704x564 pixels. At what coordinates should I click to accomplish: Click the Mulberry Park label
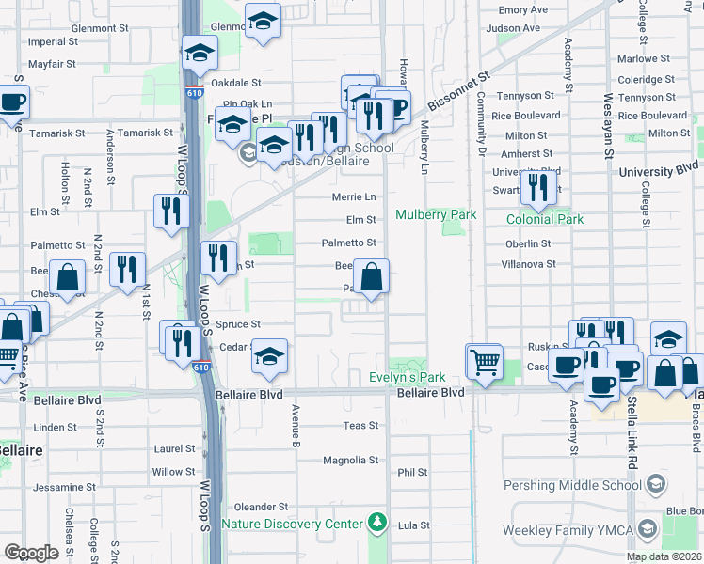tap(436, 214)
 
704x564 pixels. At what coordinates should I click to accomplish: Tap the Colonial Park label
tap(545, 219)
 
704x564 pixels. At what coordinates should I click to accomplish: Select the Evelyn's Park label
tap(406, 377)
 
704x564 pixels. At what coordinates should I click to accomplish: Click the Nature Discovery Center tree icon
tap(376, 522)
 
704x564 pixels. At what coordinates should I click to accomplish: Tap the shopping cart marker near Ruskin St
tap(485, 360)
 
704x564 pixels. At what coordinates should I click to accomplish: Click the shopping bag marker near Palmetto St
tap(372, 276)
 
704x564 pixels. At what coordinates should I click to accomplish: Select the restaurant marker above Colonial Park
tap(537, 186)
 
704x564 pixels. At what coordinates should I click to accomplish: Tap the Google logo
tap(31, 552)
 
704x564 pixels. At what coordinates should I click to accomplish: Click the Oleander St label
tap(261, 507)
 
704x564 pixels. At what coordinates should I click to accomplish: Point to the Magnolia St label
tap(350, 461)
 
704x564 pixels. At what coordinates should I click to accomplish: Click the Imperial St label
tap(54, 42)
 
